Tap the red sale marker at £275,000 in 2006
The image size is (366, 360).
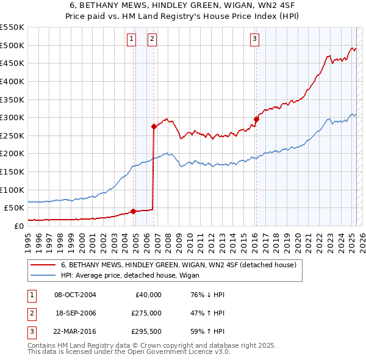click(154, 126)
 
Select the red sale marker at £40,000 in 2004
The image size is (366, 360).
click(133, 211)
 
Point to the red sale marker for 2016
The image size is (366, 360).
click(256, 119)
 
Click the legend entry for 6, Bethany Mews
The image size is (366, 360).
click(178, 265)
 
